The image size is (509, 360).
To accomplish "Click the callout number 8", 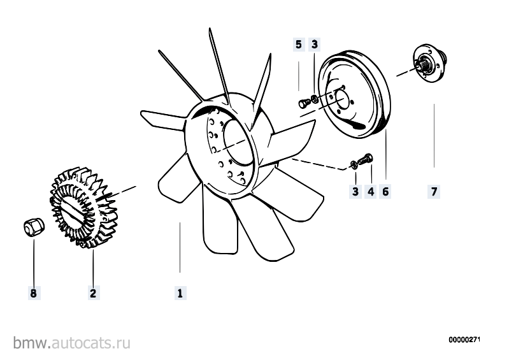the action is pos(33,294).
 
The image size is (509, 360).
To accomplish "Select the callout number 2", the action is pos(93,294).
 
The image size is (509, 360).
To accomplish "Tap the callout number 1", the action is pos(180,294).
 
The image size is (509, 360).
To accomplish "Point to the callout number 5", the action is pos(299,45).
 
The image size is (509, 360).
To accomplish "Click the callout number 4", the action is pos(371,192).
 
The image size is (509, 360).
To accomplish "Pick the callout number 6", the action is pos(385,192).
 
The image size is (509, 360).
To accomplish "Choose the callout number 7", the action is pos(434,192).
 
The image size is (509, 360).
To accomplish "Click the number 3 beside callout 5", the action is pos(314,45).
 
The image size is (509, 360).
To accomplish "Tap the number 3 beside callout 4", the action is pos(355,192).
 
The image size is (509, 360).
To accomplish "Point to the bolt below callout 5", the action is pos(303,103).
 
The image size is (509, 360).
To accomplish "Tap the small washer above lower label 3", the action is pos(354,164).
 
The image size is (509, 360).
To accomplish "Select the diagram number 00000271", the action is pos(464,340).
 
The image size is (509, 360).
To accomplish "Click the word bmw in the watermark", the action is pos(31,343).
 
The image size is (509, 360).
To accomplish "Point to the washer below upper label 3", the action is pos(314,98).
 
